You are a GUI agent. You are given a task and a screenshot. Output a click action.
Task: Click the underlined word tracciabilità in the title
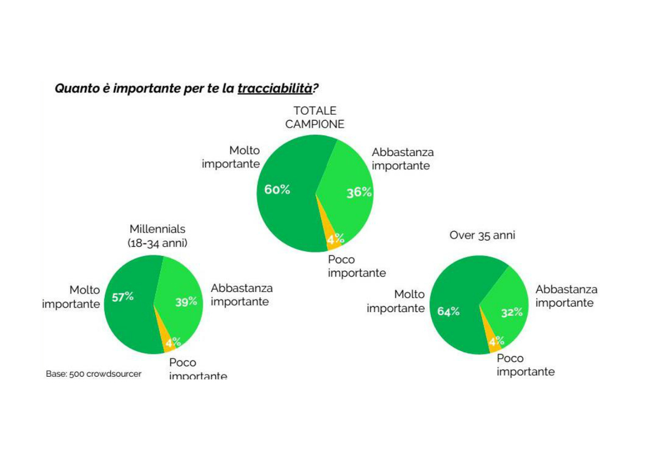(275, 89)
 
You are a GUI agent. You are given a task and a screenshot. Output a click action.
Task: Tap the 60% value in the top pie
(277, 190)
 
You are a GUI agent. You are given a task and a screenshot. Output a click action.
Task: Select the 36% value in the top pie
(359, 192)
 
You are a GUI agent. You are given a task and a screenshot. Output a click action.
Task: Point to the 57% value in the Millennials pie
(123, 297)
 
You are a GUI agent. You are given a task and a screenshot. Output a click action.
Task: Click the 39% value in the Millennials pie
(186, 302)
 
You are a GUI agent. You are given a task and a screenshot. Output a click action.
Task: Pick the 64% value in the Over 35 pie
(448, 311)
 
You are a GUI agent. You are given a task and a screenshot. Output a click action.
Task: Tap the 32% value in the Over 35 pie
(512, 313)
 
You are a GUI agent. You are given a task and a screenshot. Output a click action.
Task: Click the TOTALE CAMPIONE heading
(315, 117)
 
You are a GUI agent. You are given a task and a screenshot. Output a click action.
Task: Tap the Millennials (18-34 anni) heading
(158, 236)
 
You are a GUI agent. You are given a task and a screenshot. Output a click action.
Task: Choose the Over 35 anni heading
(482, 235)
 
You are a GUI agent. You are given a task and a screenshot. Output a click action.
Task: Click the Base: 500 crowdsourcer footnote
(93, 374)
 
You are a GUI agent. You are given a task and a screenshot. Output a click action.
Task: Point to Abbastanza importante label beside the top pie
(403, 159)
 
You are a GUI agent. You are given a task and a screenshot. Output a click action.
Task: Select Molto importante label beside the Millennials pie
(71, 297)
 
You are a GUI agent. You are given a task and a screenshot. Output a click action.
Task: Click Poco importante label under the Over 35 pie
(526, 365)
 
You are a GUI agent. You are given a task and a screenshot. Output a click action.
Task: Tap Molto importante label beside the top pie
(231, 157)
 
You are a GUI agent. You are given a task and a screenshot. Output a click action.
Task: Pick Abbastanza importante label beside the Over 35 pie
(566, 296)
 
